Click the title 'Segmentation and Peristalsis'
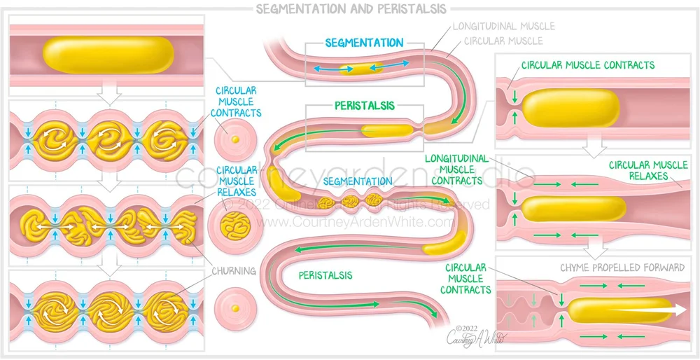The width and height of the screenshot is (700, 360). click(x=350, y=9)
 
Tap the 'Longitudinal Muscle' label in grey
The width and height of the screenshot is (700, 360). click(x=503, y=27)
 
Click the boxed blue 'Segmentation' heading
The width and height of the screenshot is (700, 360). click(x=364, y=43)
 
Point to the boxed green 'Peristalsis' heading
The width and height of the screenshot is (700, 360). click(x=364, y=106)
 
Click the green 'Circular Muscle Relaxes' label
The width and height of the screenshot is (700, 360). click(x=638, y=171)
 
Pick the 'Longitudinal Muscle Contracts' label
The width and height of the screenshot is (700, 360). click(x=457, y=169)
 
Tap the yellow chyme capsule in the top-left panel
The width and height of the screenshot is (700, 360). click(x=109, y=54)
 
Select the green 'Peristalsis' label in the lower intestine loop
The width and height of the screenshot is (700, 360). click(x=325, y=275)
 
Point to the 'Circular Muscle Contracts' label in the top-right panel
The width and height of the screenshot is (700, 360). click(x=588, y=65)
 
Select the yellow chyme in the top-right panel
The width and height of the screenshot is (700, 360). click(x=571, y=109)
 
